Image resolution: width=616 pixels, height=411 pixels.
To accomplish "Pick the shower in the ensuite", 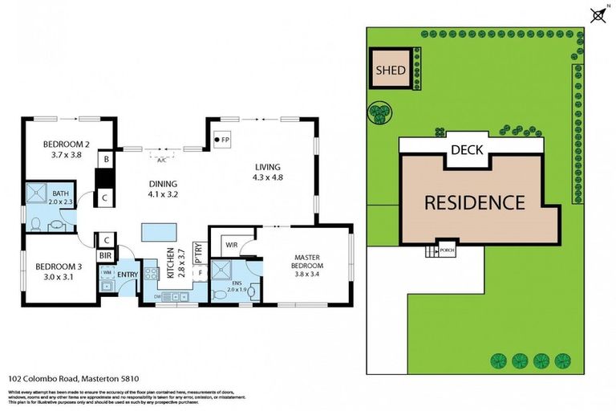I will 221,269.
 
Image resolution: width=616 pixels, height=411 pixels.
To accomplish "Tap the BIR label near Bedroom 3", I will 104,255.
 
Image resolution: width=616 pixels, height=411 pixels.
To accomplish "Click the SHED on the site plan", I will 391,71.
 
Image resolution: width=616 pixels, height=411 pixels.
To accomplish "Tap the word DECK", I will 466,150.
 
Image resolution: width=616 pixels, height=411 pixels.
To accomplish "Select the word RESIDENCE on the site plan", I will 474,202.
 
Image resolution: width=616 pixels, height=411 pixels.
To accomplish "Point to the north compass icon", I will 597,14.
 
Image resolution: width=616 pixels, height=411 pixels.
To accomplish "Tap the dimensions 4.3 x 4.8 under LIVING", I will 269,177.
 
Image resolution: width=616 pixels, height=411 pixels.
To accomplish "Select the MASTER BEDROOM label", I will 307,260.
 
